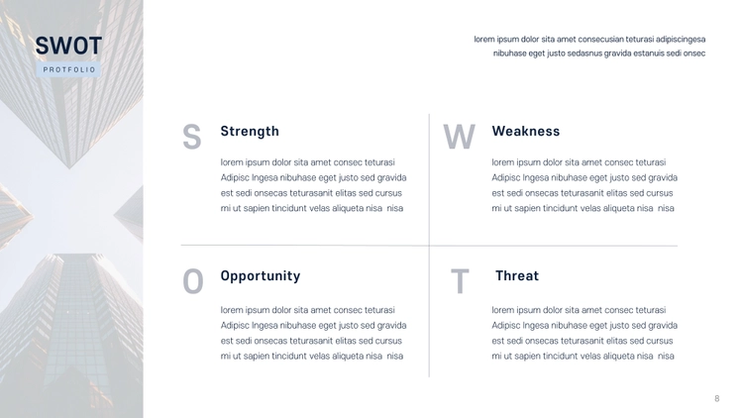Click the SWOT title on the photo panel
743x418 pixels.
(x=68, y=46)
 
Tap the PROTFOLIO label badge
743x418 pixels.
(x=68, y=69)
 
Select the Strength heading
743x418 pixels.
(x=250, y=132)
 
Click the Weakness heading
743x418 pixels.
(x=525, y=131)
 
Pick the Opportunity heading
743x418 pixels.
(x=261, y=276)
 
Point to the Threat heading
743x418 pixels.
(x=517, y=275)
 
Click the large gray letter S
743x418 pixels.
(x=192, y=137)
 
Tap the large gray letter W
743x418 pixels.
(x=459, y=137)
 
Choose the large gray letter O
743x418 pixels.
(x=193, y=281)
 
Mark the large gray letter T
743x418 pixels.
(x=460, y=281)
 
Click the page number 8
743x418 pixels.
(x=717, y=398)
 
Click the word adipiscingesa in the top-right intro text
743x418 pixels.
(x=681, y=40)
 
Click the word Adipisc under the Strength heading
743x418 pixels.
(x=235, y=177)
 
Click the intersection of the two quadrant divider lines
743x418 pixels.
(x=429, y=246)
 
